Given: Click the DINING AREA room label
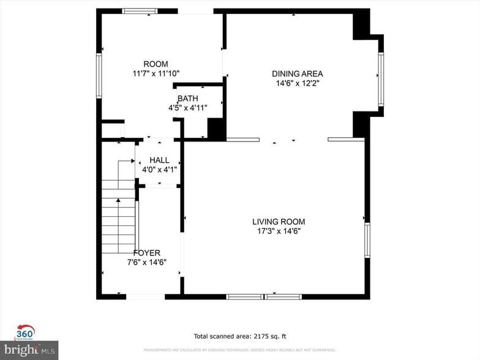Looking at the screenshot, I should [x=297, y=74].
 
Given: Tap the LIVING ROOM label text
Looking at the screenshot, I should [x=279, y=222].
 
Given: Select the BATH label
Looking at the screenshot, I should [x=187, y=99].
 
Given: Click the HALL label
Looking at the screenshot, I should [x=159, y=160].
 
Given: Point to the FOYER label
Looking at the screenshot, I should [x=146, y=253].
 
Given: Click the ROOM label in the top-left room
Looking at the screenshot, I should [x=156, y=64].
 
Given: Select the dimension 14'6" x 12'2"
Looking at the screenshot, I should [x=297, y=84].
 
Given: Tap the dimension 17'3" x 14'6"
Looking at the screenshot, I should [x=279, y=231].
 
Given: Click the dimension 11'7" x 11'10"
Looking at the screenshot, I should [x=156, y=74].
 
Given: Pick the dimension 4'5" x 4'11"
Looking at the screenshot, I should [x=188, y=108].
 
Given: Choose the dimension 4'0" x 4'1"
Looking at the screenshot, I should [x=159, y=170].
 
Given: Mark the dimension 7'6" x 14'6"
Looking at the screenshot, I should [x=146, y=262].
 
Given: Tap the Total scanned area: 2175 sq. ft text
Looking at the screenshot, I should [x=240, y=336].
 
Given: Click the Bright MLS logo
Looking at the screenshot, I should [x=29, y=350].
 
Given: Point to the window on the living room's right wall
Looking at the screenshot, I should [x=367, y=240].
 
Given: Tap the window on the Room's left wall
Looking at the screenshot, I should [x=99, y=75].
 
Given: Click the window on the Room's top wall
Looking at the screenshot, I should [x=140, y=11].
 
